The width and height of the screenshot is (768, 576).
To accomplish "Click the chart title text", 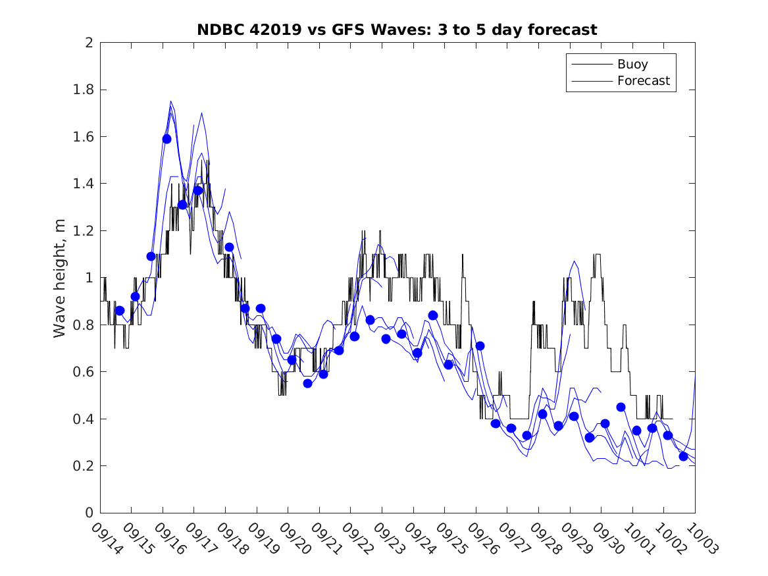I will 397,30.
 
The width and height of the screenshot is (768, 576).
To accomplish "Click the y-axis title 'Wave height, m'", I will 60,278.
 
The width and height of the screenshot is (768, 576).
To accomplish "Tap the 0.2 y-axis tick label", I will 84,466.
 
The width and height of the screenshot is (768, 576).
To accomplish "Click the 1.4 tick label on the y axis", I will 84,184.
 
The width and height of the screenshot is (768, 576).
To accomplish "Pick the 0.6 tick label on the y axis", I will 84,372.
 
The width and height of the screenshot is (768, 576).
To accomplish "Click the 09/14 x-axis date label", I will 105,538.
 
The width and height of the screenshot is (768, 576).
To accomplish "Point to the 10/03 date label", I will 700,538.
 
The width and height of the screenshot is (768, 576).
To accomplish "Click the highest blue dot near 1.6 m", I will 166,139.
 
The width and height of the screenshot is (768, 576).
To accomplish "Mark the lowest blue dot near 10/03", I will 683,456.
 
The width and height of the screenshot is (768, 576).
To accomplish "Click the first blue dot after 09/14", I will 120,310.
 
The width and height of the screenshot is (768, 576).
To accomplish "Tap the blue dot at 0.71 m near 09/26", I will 480,346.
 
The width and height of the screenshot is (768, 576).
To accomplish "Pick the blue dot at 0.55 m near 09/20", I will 307,383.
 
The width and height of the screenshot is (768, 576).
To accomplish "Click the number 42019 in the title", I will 277,30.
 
